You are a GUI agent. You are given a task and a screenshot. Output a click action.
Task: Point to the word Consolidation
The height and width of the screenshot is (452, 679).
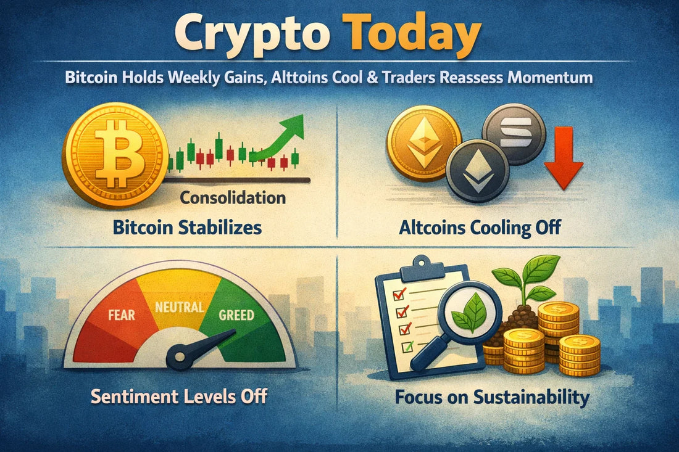pos(233,198)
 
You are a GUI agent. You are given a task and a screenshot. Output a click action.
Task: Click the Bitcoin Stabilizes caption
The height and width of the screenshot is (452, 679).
pos(187,227)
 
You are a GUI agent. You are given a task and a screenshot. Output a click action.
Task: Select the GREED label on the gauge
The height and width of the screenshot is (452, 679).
pos(236,314)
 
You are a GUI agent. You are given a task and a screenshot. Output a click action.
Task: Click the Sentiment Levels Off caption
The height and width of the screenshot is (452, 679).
pos(179,395)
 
